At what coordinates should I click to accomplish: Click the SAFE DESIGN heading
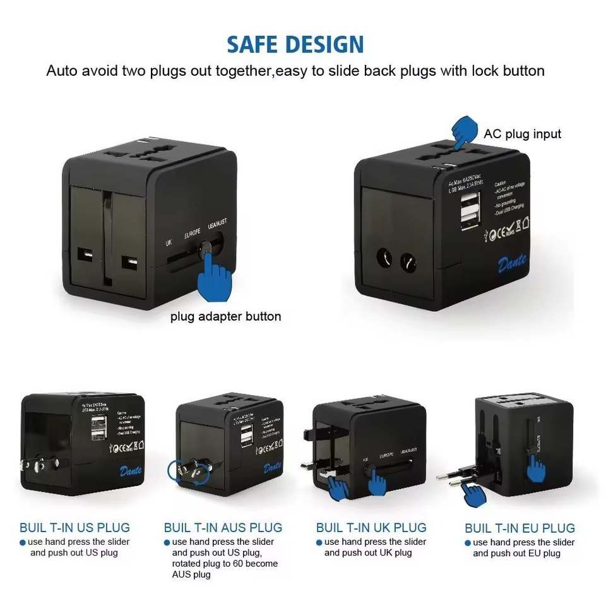(295, 44)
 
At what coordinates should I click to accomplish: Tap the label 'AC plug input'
(522, 134)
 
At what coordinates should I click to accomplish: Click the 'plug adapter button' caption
(225, 316)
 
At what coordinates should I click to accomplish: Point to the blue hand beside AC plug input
(465, 131)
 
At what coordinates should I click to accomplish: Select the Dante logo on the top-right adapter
(512, 263)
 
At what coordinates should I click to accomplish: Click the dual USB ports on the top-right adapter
(470, 209)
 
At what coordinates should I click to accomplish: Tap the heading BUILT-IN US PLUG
(74, 528)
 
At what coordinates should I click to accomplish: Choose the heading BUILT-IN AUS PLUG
(223, 528)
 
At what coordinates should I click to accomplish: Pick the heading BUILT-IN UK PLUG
(371, 528)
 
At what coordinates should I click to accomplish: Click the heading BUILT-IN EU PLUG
(520, 528)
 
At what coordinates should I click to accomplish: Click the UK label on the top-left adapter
(169, 242)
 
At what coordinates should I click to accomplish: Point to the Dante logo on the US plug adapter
(131, 471)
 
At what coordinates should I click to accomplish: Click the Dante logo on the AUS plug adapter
(273, 468)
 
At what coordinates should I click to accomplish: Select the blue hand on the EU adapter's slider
(536, 468)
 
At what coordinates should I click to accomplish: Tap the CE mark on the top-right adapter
(496, 234)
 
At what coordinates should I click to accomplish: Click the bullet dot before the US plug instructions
(23, 542)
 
